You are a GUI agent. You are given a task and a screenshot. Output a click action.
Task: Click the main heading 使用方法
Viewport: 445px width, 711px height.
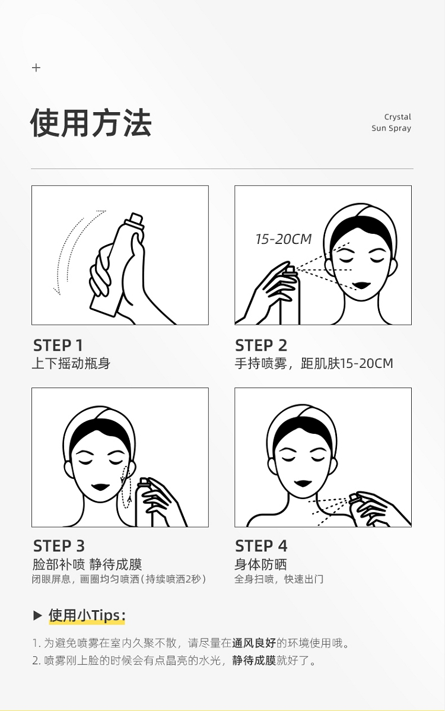tap(91, 123)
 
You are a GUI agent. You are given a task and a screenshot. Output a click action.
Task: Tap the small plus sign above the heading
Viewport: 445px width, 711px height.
tap(36, 68)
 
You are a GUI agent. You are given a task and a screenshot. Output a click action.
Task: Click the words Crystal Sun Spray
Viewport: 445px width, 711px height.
tap(391, 122)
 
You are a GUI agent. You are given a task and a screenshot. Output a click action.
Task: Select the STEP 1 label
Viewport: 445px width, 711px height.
tap(58, 345)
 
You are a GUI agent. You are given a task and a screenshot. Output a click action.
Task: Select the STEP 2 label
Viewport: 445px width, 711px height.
tap(261, 345)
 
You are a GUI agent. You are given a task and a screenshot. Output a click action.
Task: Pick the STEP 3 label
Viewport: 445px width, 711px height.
tap(59, 546)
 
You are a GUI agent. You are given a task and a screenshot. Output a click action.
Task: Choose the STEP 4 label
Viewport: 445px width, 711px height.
tap(261, 546)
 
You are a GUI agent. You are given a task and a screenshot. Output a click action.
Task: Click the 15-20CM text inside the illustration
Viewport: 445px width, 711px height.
tap(284, 239)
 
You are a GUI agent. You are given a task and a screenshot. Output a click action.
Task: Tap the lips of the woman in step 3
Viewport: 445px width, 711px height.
tap(101, 487)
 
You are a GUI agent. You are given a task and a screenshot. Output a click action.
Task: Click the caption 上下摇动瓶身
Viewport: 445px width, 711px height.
tap(71, 364)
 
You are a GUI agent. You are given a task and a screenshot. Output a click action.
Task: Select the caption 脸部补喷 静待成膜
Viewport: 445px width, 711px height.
tap(87, 564)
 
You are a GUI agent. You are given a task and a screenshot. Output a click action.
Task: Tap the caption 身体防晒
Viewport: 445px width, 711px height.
tap(260, 564)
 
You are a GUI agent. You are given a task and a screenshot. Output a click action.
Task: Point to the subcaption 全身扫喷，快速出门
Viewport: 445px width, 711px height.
tap(279, 579)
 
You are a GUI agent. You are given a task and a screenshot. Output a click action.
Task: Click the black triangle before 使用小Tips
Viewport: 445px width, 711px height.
tap(37, 615)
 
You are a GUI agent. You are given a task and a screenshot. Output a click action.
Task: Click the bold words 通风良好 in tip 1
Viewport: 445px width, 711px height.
tap(254, 643)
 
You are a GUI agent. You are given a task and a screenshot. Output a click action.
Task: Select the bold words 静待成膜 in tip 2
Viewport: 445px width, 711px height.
tap(254, 660)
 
